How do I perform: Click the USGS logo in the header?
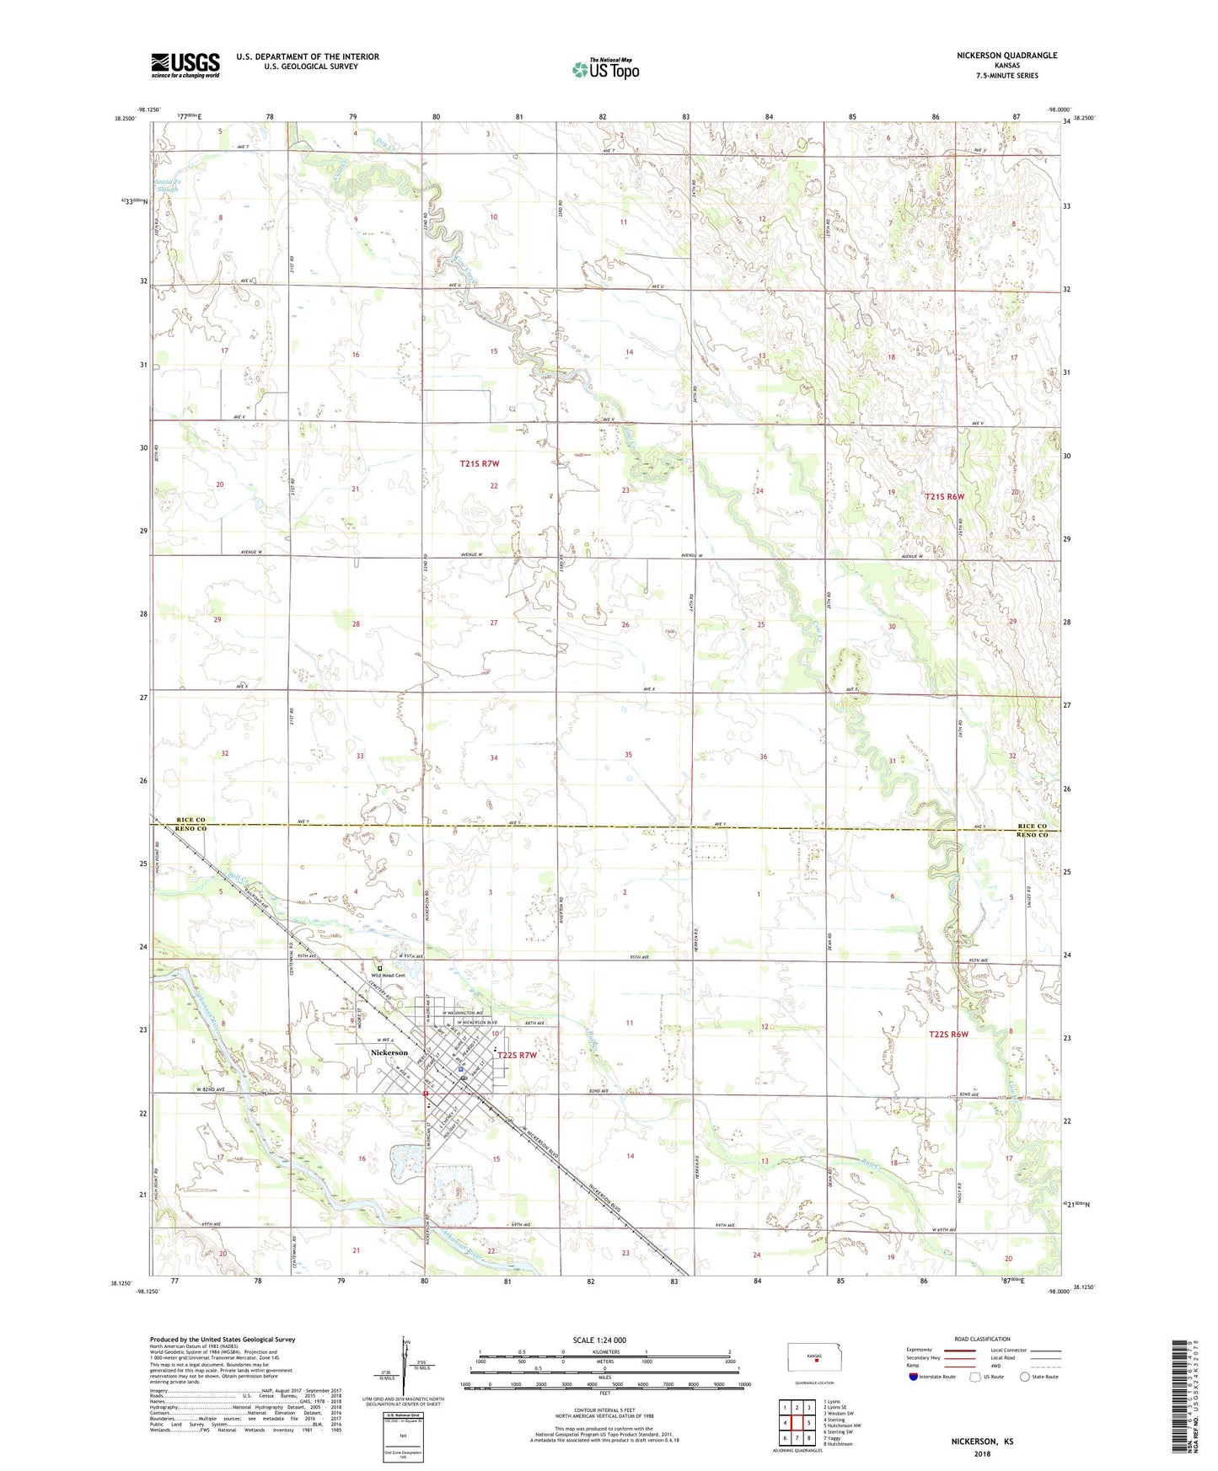tap(185, 65)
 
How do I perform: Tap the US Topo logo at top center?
tap(605, 69)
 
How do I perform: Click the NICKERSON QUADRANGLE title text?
tap(1006, 56)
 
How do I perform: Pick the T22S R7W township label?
tap(517, 1055)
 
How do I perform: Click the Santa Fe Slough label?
tap(166, 185)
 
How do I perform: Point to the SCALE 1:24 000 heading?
tap(599, 1340)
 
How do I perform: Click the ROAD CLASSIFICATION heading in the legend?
tap(982, 1339)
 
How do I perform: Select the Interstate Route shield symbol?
tap(914, 1377)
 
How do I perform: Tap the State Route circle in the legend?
tap(1025, 1377)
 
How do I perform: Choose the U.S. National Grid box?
tap(402, 1432)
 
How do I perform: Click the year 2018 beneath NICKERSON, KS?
tap(982, 1454)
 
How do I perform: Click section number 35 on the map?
tap(628, 755)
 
